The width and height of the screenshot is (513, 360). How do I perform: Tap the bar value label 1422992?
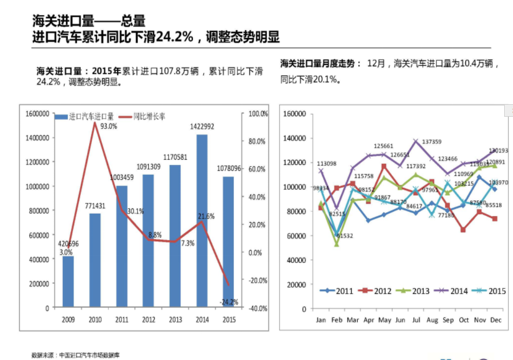click(x=202, y=127)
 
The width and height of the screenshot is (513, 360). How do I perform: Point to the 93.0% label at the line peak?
click(x=108, y=126)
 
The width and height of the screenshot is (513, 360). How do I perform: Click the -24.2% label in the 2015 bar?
click(x=228, y=302)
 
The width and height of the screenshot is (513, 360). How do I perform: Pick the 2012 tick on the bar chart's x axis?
click(x=148, y=320)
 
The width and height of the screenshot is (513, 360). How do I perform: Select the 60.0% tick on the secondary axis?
click(x=257, y=169)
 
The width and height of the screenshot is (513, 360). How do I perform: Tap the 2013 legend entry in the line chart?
click(x=414, y=291)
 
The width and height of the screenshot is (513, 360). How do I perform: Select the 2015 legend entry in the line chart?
click(x=491, y=291)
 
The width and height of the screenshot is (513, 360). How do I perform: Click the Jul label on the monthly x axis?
click(x=415, y=320)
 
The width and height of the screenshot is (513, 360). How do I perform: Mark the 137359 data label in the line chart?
click(x=432, y=142)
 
